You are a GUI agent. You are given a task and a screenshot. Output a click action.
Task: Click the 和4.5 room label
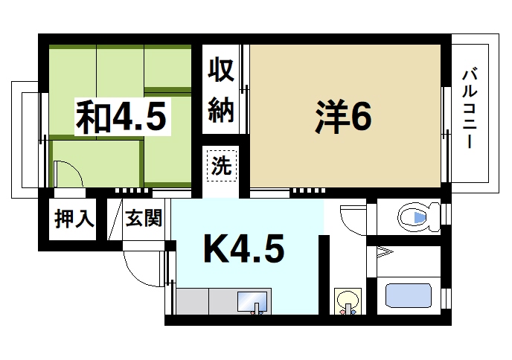120,118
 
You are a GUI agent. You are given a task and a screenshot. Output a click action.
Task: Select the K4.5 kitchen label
243,251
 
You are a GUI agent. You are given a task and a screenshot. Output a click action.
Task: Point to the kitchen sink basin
251,302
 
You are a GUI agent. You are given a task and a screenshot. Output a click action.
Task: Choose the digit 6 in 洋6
360,116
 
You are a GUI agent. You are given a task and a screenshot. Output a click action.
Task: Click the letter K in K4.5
216,251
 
